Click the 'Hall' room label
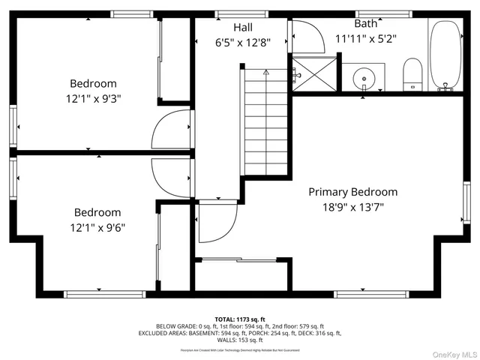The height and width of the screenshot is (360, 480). coord(241,27)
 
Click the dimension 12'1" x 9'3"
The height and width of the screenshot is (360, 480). coord(94,99)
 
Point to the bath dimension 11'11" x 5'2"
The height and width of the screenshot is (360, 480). coord(365,38)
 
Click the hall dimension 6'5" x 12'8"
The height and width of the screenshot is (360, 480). coord(241,43)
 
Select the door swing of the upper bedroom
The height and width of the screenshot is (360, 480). coord(169,130)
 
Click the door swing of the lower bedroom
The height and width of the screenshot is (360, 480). coord(169,177)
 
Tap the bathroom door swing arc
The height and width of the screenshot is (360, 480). coord(303,35)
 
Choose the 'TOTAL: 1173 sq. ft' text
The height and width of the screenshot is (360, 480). coord(239,319)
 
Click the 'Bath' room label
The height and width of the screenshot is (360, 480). coord(365,23)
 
